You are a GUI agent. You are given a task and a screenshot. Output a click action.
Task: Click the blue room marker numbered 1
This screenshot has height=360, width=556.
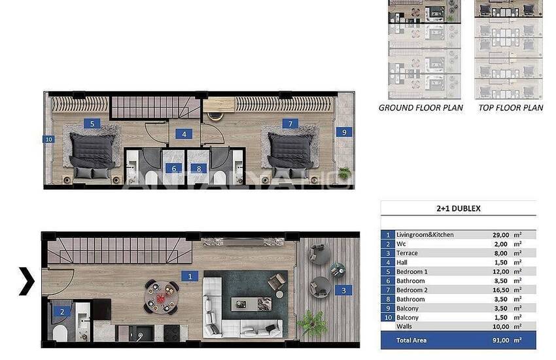pos(190,276)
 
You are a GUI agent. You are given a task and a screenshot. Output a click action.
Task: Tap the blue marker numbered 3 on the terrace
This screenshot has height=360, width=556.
pos(343,291)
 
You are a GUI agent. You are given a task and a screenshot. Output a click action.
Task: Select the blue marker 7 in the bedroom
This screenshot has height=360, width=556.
pos(290,124)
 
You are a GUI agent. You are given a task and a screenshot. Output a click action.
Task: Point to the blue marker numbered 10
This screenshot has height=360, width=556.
pos(48,139)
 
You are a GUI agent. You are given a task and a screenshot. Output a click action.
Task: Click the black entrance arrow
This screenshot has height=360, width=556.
pos(27,281)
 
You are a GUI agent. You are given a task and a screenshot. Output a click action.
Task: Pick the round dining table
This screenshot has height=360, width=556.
pos(162,297)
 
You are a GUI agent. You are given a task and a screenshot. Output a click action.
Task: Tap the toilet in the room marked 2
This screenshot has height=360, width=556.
pos(60,333)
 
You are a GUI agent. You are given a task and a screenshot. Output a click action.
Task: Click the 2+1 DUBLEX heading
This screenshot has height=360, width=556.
pos(458,209)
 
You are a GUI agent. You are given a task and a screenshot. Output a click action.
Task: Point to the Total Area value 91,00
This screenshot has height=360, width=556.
pos(500,340)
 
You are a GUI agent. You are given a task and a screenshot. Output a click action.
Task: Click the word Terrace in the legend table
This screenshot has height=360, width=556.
pos(407,253)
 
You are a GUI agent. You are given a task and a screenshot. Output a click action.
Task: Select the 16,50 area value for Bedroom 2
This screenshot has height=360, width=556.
pos(500,290)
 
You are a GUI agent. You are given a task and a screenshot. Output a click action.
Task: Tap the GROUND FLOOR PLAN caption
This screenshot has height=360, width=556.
pos(421,108)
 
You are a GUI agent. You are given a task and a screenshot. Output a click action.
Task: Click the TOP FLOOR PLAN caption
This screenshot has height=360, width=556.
pos(511,108)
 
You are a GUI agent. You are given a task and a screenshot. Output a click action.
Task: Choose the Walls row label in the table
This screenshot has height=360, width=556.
pos(404,327)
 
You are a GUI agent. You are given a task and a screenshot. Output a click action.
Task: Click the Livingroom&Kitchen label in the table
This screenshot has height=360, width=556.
pos(425,235)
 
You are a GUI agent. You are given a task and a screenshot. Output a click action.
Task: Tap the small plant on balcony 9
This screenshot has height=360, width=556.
pos(344,173)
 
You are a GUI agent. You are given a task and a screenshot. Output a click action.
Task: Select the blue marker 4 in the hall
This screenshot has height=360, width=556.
pos(184,134)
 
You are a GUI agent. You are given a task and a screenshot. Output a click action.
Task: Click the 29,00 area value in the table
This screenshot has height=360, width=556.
pos(500,235)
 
